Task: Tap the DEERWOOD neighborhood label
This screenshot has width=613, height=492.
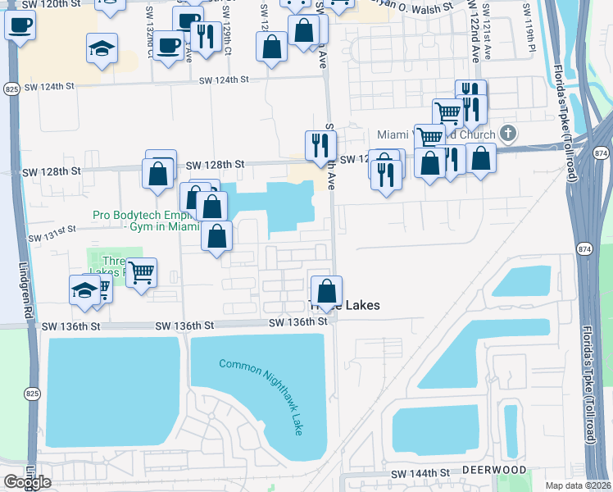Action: pyautogui.click(x=493, y=470)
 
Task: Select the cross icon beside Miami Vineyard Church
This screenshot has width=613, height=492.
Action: pyautogui.click(x=508, y=133)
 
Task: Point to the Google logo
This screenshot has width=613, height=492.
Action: pyautogui.click(x=27, y=482)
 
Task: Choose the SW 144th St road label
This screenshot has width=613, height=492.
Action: pyautogui.click(x=420, y=474)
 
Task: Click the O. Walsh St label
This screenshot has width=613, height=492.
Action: pyautogui.click(x=423, y=7)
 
